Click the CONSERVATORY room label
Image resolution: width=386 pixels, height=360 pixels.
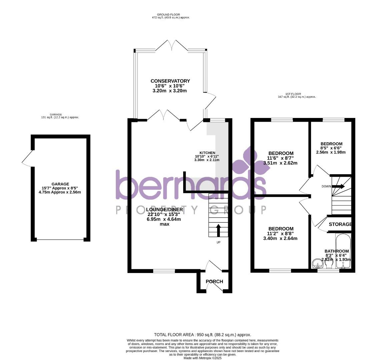[170, 81]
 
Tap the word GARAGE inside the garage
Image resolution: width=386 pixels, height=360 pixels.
[60, 184]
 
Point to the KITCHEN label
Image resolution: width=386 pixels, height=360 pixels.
[207, 153]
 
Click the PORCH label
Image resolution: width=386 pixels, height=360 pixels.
[214, 282]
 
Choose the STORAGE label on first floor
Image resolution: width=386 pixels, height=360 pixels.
[340, 224]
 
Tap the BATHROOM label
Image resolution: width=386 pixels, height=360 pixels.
[337, 251]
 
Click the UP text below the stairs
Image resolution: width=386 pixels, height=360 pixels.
[219, 242]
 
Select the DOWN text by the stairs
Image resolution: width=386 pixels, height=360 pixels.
[326, 186]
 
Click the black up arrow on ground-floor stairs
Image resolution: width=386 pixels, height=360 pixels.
[219, 230]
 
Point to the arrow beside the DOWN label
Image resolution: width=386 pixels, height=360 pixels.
[338, 186]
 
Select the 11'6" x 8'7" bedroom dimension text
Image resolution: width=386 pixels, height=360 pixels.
[280, 158]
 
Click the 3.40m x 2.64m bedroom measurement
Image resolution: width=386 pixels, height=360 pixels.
[280, 238]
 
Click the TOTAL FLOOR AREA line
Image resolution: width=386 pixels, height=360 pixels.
[203, 335]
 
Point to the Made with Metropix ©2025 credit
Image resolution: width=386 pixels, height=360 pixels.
[203, 358]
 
